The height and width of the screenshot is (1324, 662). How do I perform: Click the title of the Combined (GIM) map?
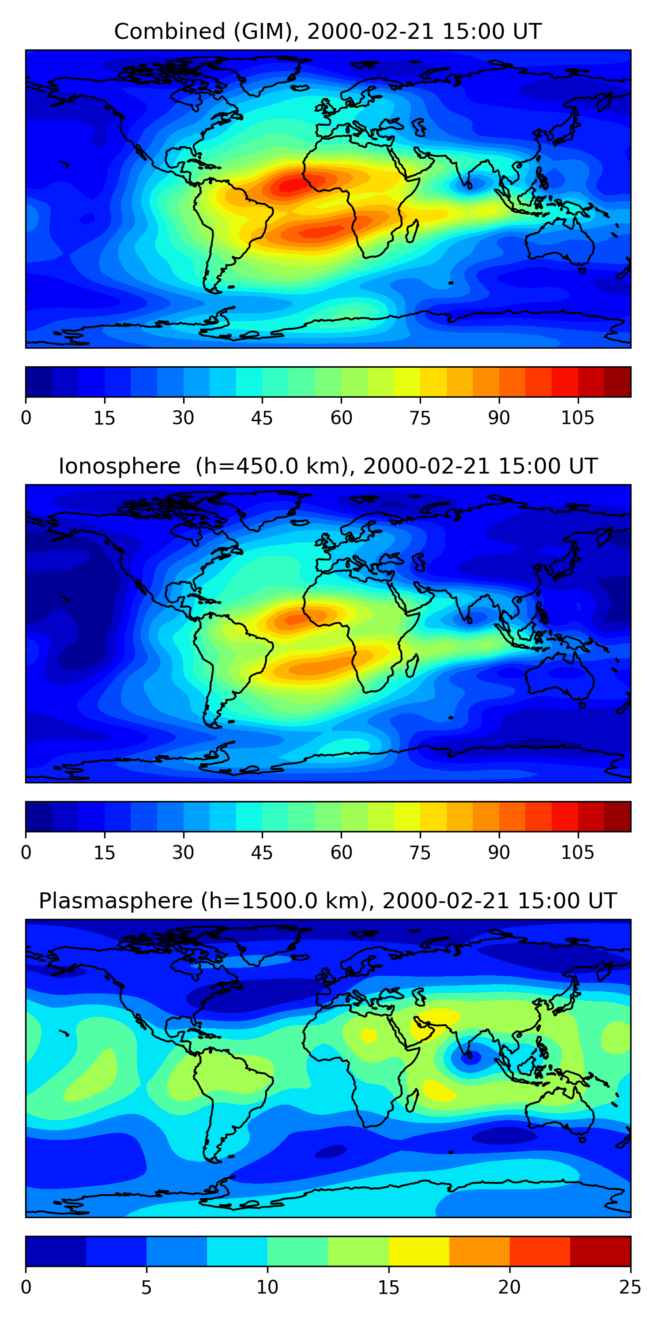coord(328,31)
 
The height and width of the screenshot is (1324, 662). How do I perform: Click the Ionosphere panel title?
coord(328,466)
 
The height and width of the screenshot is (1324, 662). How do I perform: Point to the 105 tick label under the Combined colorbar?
coord(577,418)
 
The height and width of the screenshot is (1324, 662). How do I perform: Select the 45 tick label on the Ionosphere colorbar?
coord(262,853)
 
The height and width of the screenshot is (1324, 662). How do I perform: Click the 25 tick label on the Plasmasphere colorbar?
coord(630,1287)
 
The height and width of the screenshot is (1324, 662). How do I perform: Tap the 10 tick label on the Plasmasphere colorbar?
coord(267,1287)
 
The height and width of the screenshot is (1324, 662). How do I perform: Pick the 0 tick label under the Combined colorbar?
coord(26,418)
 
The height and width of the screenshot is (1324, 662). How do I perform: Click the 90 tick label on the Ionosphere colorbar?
coord(499,853)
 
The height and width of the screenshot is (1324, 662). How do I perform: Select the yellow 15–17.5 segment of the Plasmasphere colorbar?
coord(419,1252)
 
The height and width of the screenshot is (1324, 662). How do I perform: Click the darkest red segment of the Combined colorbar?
coord(617,382)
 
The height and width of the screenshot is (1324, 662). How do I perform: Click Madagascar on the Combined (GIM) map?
coord(412,231)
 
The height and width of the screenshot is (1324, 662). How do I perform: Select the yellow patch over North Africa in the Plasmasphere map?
coord(369,1035)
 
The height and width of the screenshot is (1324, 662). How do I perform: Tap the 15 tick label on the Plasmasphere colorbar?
coord(388,1287)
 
